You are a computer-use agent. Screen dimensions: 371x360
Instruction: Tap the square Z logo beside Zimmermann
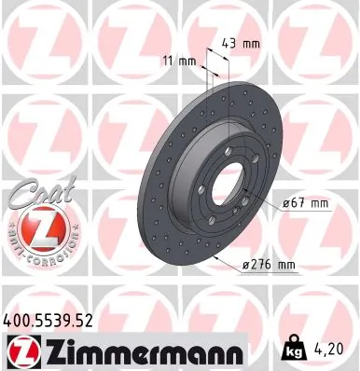pyautogui.click(x=21, y=351)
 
